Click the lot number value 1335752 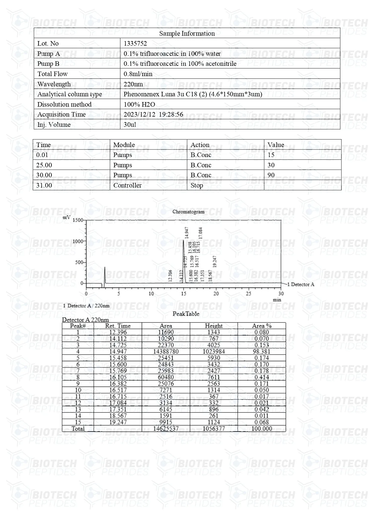[135, 43]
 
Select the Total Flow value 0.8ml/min [138, 74]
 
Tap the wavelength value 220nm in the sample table [133, 84]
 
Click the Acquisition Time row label [62, 114]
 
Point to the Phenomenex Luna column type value [193, 94]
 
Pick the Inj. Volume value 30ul [130, 125]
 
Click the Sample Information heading [187, 34]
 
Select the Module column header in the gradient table [124, 145]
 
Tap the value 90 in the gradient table [271, 175]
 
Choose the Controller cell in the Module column [127, 185]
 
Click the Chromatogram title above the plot [188, 212]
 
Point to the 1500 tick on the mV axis [78, 220]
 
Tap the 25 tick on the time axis [248, 294]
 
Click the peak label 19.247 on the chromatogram [215, 262]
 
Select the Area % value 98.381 [261, 352]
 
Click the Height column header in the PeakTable [214, 326]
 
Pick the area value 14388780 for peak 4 [166, 352]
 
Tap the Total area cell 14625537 [166, 429]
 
